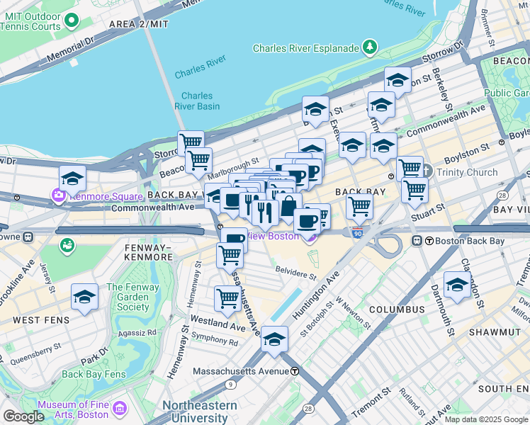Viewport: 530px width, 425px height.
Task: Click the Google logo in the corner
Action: point(23,416)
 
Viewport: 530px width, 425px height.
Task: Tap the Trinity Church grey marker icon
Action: point(426,171)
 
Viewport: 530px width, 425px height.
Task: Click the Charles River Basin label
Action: point(197,101)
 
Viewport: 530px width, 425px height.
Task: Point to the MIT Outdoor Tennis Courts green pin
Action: point(72,20)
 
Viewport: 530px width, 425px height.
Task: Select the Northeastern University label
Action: point(200,412)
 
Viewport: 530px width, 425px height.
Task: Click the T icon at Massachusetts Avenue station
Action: point(294,370)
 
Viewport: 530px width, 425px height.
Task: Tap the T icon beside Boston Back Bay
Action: point(418,241)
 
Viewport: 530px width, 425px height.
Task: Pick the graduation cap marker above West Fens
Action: point(84,297)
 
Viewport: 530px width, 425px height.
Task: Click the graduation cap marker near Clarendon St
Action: point(457,285)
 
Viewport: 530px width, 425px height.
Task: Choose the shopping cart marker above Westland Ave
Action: point(227,297)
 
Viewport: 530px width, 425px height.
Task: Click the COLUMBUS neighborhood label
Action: point(396,310)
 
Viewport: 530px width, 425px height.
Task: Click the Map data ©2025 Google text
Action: point(486,419)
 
